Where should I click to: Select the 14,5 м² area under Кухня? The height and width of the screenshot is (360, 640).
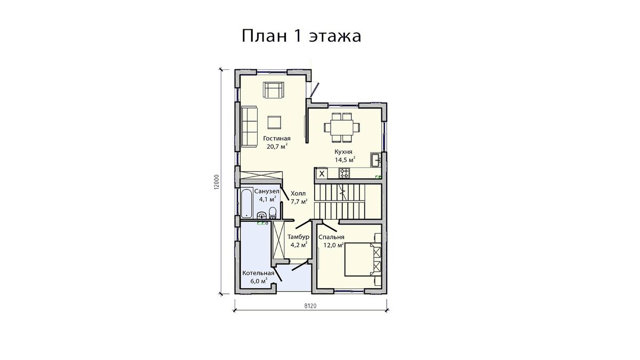(344, 159)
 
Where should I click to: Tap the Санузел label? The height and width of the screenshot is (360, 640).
(265, 191)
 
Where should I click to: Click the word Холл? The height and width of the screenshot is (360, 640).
(298, 194)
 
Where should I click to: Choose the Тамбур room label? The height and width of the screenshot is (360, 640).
(298, 237)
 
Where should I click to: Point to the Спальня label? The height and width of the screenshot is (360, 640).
(331, 237)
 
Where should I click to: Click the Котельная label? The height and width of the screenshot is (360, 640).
(258, 273)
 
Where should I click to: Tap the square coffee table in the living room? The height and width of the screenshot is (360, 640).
(275, 122)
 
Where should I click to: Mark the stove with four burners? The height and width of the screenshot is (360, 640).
(344, 173)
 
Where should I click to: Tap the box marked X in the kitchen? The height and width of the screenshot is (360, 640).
(322, 173)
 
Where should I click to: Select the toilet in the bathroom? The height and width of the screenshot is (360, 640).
(273, 213)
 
